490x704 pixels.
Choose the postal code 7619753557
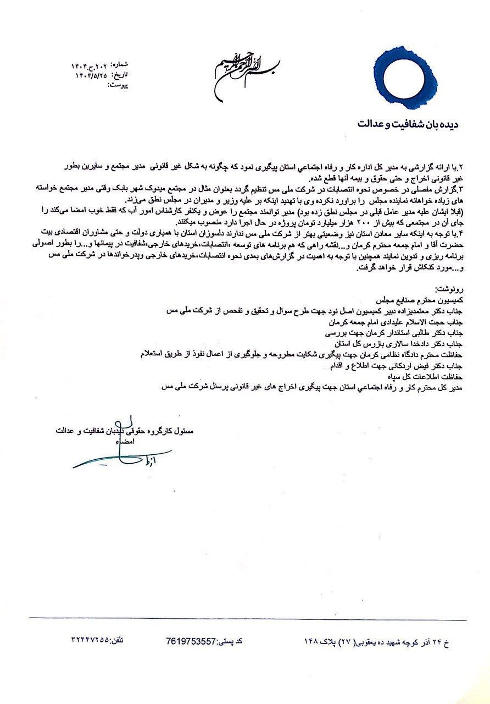[191, 641]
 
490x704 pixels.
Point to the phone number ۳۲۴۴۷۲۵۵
[91, 641]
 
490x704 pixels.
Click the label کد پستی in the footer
[231, 641]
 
